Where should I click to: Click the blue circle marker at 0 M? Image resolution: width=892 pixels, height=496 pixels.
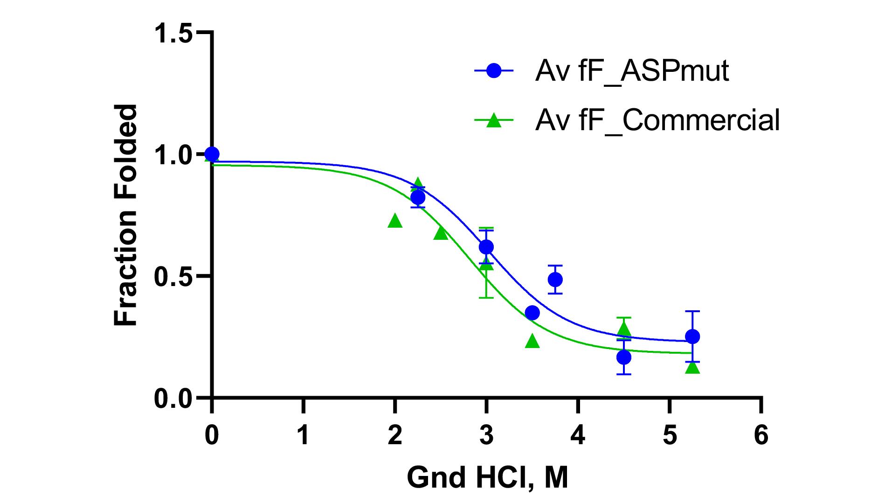(212, 154)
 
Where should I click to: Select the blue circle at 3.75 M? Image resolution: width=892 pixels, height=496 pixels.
(555, 279)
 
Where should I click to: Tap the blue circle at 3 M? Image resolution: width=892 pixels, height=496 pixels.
(486, 247)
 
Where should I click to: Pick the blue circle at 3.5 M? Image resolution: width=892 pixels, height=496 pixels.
(532, 313)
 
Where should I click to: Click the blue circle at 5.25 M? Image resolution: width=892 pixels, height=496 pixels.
(692, 336)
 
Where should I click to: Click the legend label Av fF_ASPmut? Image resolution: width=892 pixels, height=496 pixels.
(632, 71)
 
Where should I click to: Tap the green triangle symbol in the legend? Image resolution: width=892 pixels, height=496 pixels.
(494, 121)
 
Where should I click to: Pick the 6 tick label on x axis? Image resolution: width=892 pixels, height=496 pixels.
(761, 435)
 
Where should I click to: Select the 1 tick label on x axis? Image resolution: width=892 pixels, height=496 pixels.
(304, 435)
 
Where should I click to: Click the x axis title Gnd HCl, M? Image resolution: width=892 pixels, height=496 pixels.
(487, 477)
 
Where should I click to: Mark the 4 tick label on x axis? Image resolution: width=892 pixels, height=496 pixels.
(578, 435)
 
